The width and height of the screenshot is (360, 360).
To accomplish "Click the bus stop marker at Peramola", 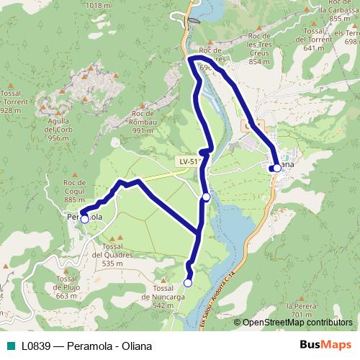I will (84, 219).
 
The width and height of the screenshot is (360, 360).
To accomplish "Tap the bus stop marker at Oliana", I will (277, 168).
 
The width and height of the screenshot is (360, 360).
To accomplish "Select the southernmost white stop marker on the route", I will (188, 283).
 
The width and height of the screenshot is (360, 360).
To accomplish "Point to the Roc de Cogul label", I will (75, 190).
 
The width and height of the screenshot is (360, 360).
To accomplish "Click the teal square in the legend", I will (8, 345).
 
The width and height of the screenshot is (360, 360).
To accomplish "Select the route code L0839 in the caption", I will (35, 345).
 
